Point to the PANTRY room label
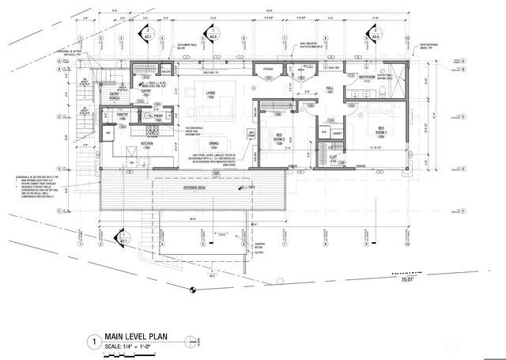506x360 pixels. point(123,116)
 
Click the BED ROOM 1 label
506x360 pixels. point(380,131)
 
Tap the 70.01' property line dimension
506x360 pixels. point(408,279)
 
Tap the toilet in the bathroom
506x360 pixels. point(384,91)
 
